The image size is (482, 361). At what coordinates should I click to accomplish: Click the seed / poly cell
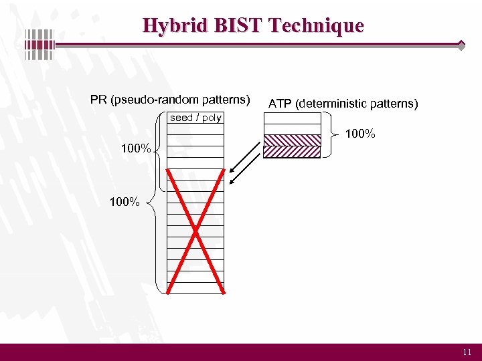point(195,118)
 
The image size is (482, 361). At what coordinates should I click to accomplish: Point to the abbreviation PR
point(99,100)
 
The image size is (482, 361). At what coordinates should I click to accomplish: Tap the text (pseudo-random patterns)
point(180,100)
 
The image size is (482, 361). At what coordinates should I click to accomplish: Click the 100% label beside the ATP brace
point(360,134)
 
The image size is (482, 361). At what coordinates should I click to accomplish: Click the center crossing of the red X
point(195,231)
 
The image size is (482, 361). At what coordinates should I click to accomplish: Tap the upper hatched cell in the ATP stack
point(292,140)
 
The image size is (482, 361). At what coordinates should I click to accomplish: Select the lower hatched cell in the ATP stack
point(292,152)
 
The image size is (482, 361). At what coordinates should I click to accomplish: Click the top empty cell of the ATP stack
point(292,118)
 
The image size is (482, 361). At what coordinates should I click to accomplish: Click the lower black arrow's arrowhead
point(231,183)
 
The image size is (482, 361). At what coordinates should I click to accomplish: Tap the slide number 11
point(467,352)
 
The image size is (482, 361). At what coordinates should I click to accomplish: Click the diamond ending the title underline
point(461,45)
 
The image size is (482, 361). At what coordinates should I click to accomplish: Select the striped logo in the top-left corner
point(39,45)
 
